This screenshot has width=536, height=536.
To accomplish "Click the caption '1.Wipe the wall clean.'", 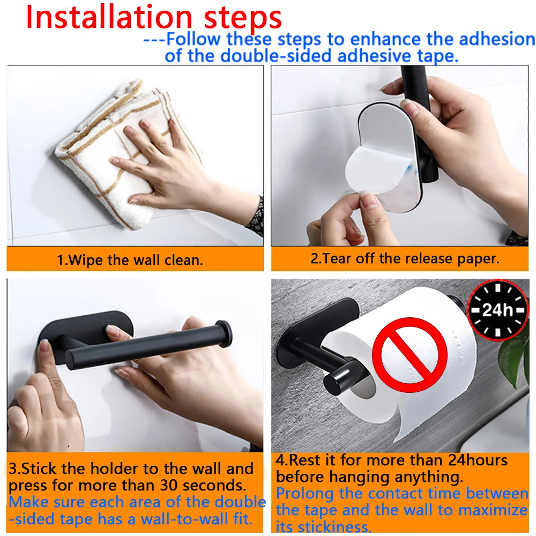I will tap(130, 260).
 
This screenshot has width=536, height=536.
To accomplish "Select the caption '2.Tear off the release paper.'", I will tap(405, 258).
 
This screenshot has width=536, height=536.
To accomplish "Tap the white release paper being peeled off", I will tap(370, 172).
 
